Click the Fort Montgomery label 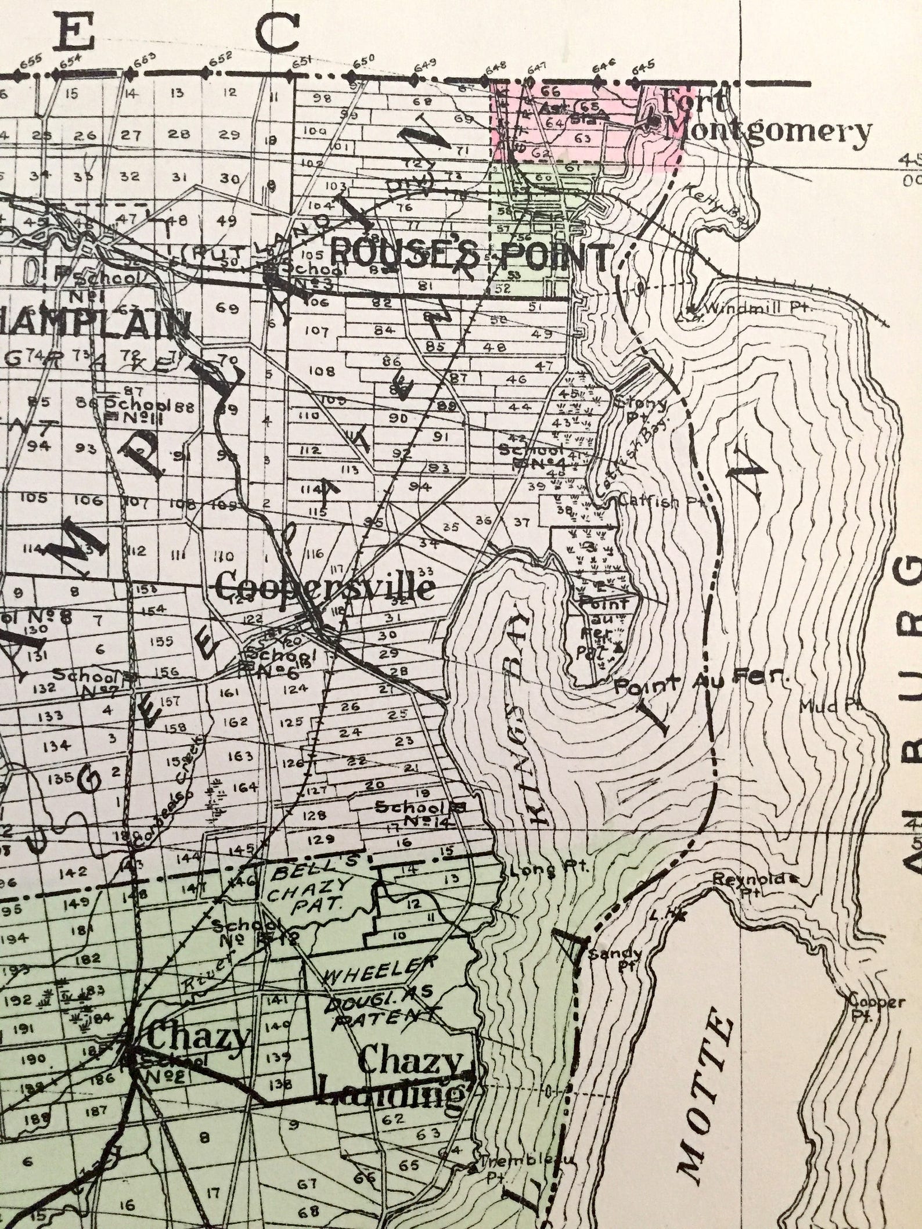point(761,119)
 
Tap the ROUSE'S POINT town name point(470,254)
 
